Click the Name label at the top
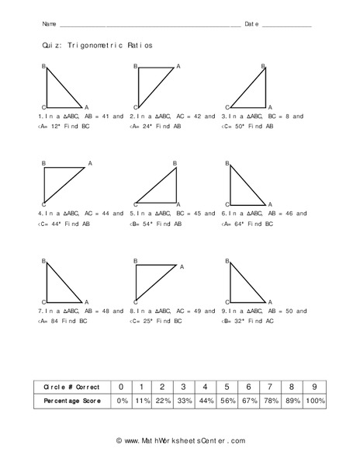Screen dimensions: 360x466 tap(48, 24)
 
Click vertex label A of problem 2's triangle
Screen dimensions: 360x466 tap(178, 67)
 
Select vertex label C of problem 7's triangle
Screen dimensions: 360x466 tap(43, 301)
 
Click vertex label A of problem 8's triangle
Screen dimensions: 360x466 tap(182, 266)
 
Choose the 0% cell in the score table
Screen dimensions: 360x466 tap(120, 401)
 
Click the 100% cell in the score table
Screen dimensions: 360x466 tap(313, 401)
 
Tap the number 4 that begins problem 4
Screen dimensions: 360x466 tap(39, 213)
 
